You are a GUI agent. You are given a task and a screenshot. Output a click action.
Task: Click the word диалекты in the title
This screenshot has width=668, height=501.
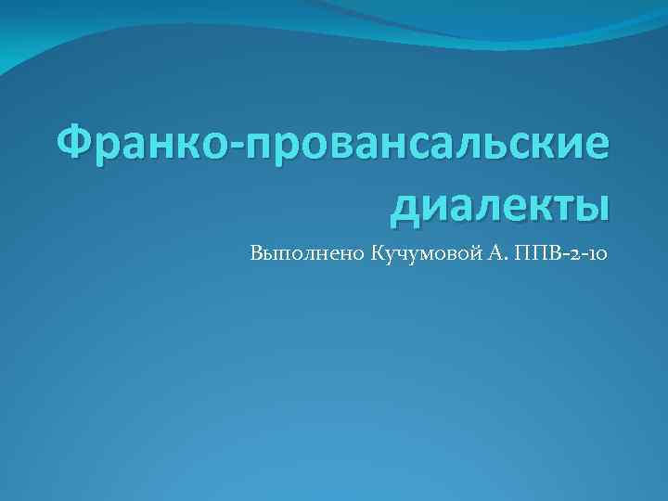click(500, 203)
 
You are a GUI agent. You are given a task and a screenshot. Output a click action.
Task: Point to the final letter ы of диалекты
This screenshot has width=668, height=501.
click(595, 203)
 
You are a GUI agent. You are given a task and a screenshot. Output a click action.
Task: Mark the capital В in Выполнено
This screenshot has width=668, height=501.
click(257, 253)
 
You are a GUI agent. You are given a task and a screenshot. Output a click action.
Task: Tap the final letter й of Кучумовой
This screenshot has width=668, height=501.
click(469, 253)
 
